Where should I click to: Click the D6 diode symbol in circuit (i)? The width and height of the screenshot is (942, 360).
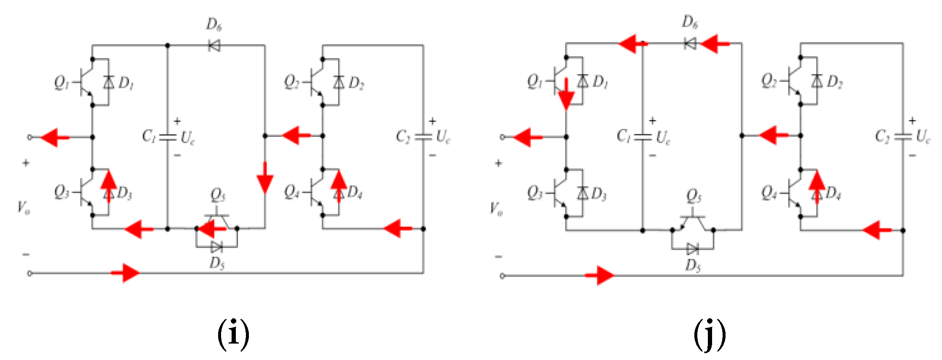click(214, 45)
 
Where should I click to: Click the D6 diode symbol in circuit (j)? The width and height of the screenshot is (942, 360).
click(690, 43)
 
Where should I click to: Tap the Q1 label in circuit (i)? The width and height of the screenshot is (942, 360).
click(61, 82)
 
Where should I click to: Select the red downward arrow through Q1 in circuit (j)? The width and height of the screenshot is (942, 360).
click(566, 95)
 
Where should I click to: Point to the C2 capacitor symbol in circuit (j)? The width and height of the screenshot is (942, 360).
click(903, 136)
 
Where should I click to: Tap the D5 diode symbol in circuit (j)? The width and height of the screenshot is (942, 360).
click(692, 249)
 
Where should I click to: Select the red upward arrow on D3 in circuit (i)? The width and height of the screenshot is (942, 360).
click(109, 185)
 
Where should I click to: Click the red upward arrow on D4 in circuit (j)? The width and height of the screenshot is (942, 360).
click(817, 185)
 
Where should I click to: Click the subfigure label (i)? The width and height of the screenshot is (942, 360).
click(233, 334)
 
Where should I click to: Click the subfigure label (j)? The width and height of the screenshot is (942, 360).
click(710, 334)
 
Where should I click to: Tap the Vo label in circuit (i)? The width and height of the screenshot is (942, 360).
click(24, 208)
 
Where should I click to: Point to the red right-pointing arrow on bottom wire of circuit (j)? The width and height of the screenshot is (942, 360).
click(600, 276)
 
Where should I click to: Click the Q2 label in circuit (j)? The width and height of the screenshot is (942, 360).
click(769, 80)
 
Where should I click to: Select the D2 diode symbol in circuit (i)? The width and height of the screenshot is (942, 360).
click(339, 82)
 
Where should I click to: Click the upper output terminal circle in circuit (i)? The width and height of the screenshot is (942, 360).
click(29, 137)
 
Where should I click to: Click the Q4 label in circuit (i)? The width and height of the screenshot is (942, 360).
click(291, 192)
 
